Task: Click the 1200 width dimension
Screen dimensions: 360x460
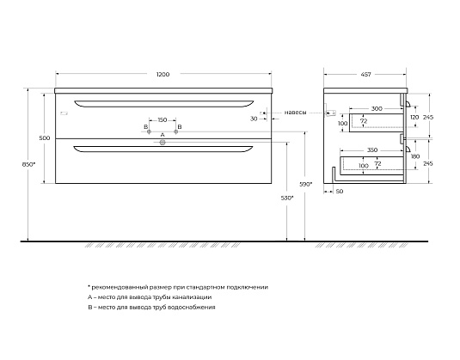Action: [x=163, y=75]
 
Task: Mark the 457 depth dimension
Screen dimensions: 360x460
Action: [x=368, y=75]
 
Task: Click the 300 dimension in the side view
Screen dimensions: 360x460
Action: [x=377, y=108]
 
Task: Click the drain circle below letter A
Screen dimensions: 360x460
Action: [x=163, y=143]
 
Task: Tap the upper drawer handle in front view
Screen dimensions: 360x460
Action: [x=163, y=102]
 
